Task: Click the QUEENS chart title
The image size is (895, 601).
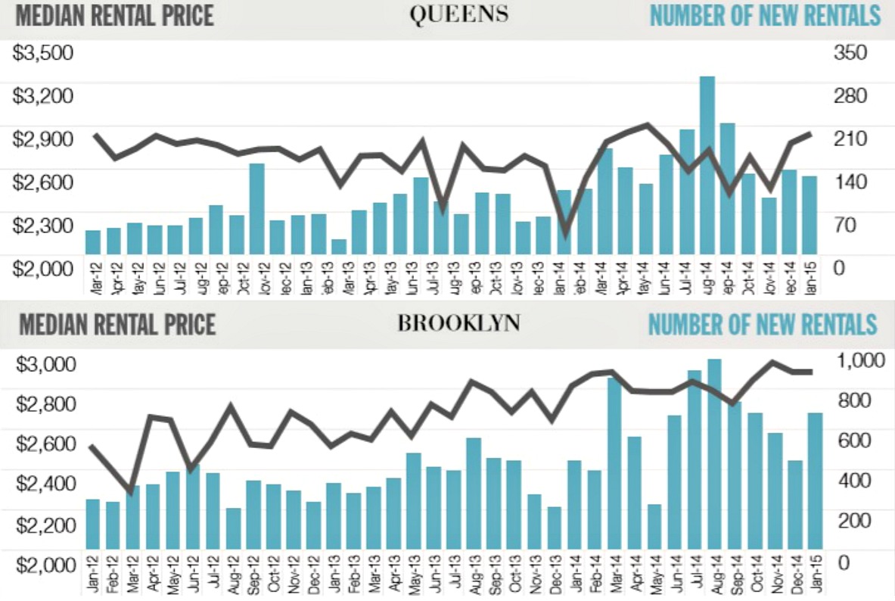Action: click(x=459, y=15)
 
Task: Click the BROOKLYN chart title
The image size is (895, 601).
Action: click(x=459, y=324)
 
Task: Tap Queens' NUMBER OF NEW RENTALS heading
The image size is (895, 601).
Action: click(x=766, y=16)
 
